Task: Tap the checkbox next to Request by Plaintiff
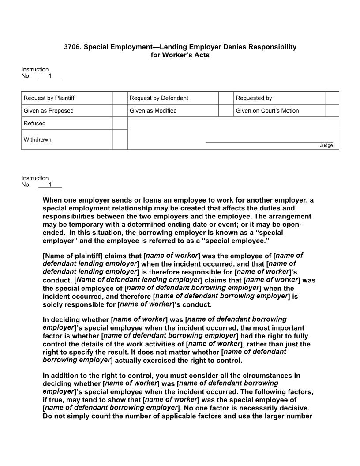click(x=120, y=98)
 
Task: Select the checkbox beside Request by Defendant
click(x=226, y=98)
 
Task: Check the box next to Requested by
click(x=332, y=98)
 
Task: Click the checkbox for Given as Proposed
click(x=120, y=111)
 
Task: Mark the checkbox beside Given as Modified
click(x=226, y=111)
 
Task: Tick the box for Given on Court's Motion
click(x=332, y=111)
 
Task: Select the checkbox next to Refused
click(x=120, y=124)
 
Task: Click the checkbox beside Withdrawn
click(x=120, y=139)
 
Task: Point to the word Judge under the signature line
click(x=326, y=146)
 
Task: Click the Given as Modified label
click(x=153, y=111)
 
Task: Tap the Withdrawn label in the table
click(x=37, y=139)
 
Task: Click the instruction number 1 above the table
click(x=50, y=76)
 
